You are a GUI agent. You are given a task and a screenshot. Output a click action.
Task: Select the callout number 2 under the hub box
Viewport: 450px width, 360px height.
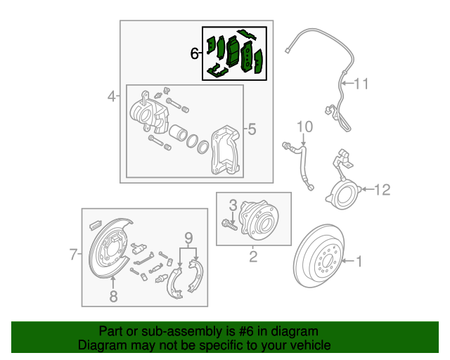click(x=253, y=257)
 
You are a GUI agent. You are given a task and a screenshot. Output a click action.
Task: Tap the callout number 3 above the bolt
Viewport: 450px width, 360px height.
click(x=233, y=205)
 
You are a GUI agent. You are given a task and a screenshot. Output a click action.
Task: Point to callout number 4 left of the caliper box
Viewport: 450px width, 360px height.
click(x=111, y=96)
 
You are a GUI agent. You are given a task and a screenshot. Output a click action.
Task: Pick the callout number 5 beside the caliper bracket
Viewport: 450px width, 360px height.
click(x=252, y=129)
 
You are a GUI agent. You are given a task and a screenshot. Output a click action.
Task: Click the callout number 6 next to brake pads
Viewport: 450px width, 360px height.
click(x=195, y=53)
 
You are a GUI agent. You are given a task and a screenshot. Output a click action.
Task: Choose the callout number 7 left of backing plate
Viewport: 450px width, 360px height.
click(x=74, y=255)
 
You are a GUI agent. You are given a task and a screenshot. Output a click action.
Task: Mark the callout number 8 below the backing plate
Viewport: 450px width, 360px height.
click(x=114, y=295)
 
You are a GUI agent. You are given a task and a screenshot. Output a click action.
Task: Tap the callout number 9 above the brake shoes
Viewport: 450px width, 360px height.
click(x=188, y=236)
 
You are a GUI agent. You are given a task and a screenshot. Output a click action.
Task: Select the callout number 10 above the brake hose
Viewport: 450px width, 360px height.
click(x=304, y=127)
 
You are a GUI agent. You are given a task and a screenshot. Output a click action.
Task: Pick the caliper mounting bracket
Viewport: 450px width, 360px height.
click(x=225, y=149)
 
